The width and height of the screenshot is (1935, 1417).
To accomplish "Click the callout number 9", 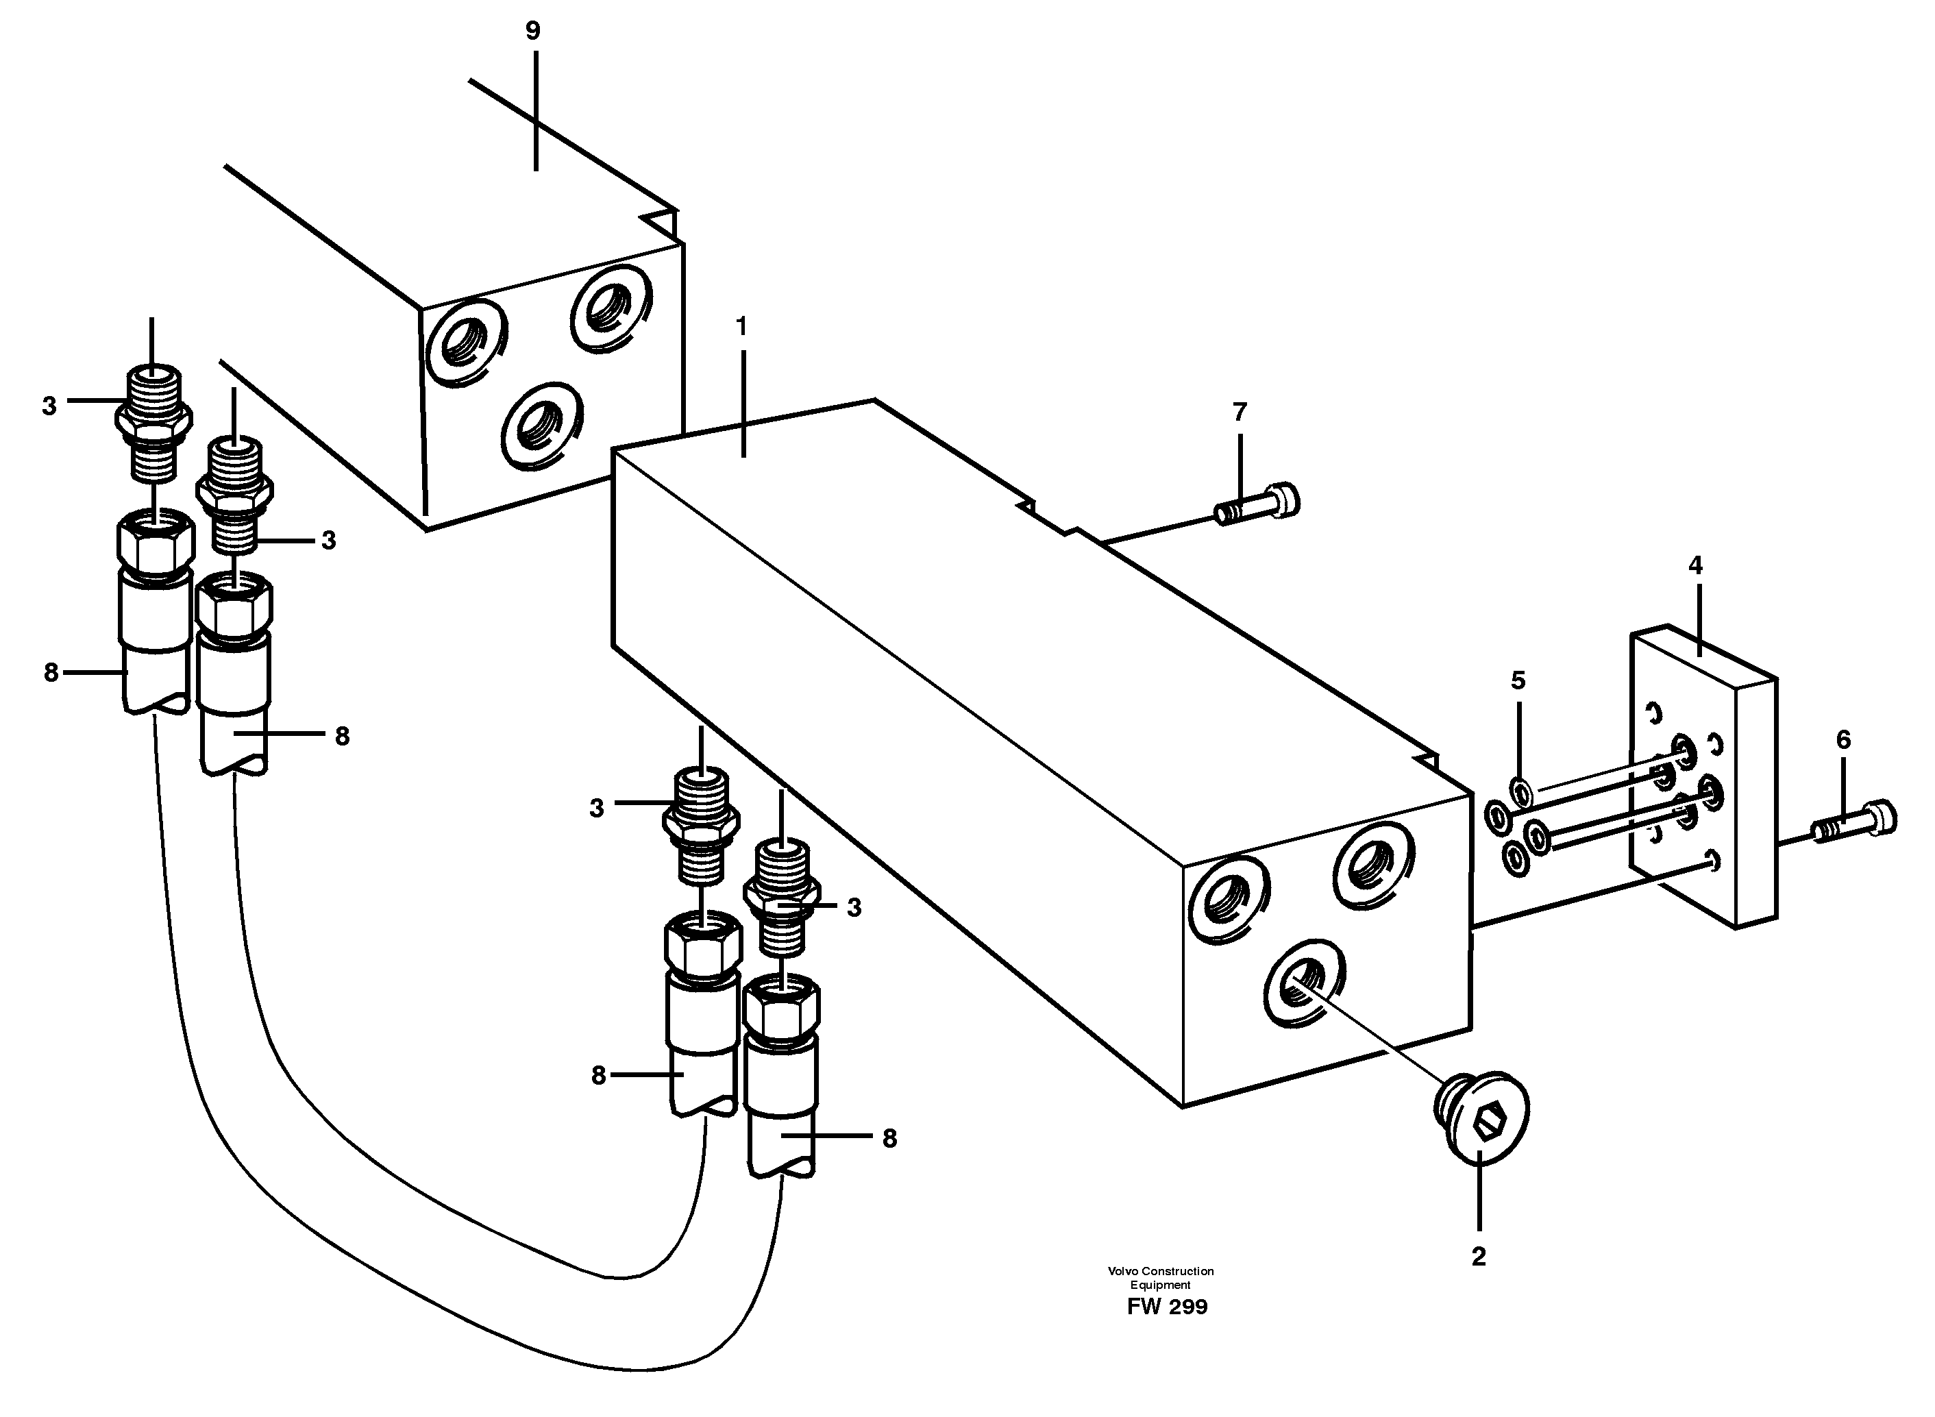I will coord(532,32).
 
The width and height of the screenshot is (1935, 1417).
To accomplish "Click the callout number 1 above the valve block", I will coord(742,327).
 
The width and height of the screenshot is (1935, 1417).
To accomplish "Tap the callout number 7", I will coord(1240,412).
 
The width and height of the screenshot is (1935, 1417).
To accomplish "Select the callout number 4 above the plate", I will coord(1695,565).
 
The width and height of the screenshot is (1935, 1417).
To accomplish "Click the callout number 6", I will coord(1843,739).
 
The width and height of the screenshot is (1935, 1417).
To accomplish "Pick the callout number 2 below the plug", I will coord(1479,1257).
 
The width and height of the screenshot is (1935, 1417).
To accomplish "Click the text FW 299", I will coord(1166,1307).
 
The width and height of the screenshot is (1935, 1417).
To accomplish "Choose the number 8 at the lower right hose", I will coord(889,1138).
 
